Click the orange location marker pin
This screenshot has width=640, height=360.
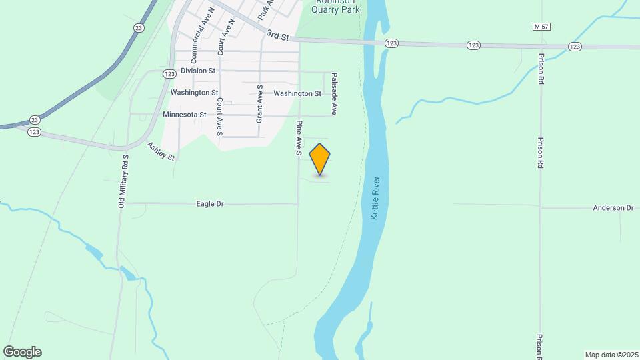pyautogui.click(x=320, y=159)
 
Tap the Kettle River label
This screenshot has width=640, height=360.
pyautogui.click(x=375, y=199)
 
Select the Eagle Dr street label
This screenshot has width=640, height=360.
pyautogui.click(x=209, y=204)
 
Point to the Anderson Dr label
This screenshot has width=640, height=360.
pyautogui.click(x=613, y=208)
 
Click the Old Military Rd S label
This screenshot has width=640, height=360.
pyautogui.click(x=123, y=181)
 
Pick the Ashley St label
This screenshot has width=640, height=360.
pyautogui.click(x=161, y=152)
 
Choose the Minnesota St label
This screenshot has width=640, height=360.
pyautogui.click(x=184, y=115)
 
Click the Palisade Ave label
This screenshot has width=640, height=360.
pyautogui.click(x=335, y=94)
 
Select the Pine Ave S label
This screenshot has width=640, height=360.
pyautogui.click(x=300, y=139)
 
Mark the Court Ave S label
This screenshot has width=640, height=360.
pyautogui.click(x=219, y=117)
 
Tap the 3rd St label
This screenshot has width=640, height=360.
pyautogui.click(x=277, y=35)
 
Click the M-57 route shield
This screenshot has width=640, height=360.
pyautogui.click(x=541, y=26)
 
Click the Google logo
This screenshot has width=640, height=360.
pyautogui.click(x=22, y=352)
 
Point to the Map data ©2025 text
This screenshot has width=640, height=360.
pyautogui.click(x=611, y=355)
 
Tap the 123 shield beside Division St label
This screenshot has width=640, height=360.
pyautogui.click(x=169, y=73)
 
